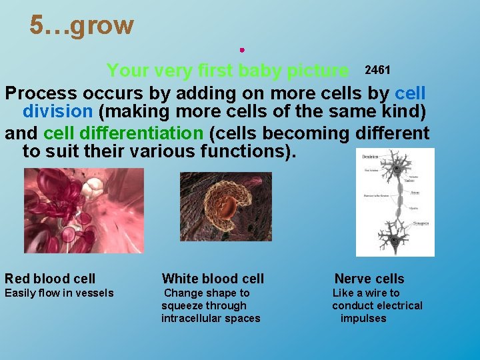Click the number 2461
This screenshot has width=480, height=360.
click(377, 70)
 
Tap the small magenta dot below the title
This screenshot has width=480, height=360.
click(242, 49)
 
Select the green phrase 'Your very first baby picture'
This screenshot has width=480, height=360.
click(227, 71)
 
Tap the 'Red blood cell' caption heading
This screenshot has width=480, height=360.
click(50, 279)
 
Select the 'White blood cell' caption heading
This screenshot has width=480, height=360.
click(213, 279)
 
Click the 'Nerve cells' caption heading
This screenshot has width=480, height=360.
click(369, 279)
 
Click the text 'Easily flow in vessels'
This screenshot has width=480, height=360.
click(59, 293)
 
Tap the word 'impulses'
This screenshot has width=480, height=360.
click(363, 319)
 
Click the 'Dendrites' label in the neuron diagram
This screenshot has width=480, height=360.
click(370, 157)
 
